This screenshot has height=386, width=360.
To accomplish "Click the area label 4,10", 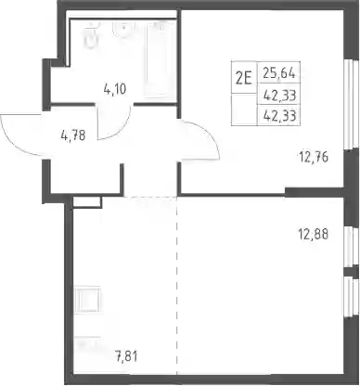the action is click(x=114, y=89).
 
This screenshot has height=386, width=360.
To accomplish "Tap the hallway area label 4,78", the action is click(x=73, y=135).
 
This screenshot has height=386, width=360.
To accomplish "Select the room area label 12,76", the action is click(x=313, y=157).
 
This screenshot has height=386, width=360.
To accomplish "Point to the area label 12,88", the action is click(x=313, y=234).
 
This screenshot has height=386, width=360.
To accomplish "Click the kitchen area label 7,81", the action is click(x=126, y=356).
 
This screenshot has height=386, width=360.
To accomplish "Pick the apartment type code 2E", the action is click(x=244, y=79).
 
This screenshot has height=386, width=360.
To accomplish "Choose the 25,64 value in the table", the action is click(x=279, y=73).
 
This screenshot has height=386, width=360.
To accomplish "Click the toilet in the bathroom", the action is click(x=91, y=35).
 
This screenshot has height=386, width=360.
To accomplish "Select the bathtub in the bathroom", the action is click(x=160, y=59).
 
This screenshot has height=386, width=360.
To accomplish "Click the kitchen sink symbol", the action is click(x=87, y=300).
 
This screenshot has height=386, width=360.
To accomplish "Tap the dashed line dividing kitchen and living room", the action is click(x=177, y=285).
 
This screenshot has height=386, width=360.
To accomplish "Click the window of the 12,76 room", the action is click(x=349, y=104).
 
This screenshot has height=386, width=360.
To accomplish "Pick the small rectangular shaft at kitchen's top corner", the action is click(x=87, y=202).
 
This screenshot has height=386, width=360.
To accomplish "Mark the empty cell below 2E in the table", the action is click(x=244, y=109).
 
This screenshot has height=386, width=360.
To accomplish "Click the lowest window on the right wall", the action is click(x=349, y=297).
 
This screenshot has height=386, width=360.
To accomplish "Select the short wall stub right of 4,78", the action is click(x=122, y=178).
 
